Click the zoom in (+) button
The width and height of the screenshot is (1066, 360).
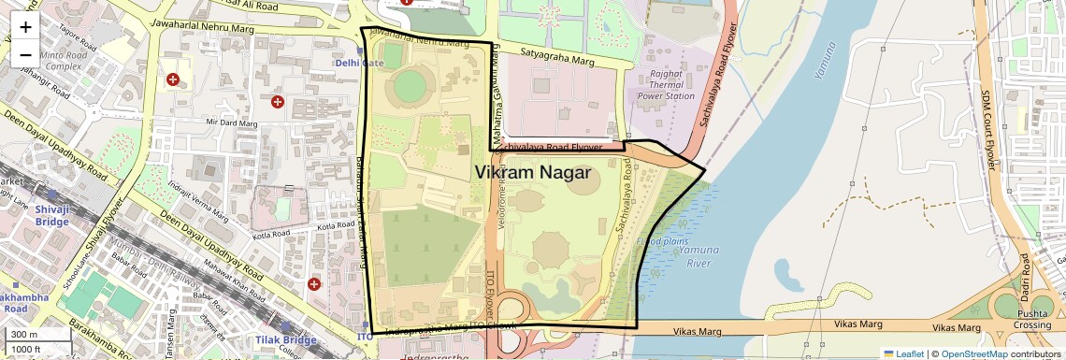25,26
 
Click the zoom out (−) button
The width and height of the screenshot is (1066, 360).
25,54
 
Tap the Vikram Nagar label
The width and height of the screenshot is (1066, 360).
532,173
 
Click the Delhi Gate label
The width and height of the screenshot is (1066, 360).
360,63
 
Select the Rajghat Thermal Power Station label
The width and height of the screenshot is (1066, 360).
666,84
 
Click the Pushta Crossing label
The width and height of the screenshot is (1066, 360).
1033,319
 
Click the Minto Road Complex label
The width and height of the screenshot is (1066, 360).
65,61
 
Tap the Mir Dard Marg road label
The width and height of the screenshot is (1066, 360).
231,122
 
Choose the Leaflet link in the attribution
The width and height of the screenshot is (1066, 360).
905,353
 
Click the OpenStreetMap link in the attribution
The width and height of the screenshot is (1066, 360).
973,353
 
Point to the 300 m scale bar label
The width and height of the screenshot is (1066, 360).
24,335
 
